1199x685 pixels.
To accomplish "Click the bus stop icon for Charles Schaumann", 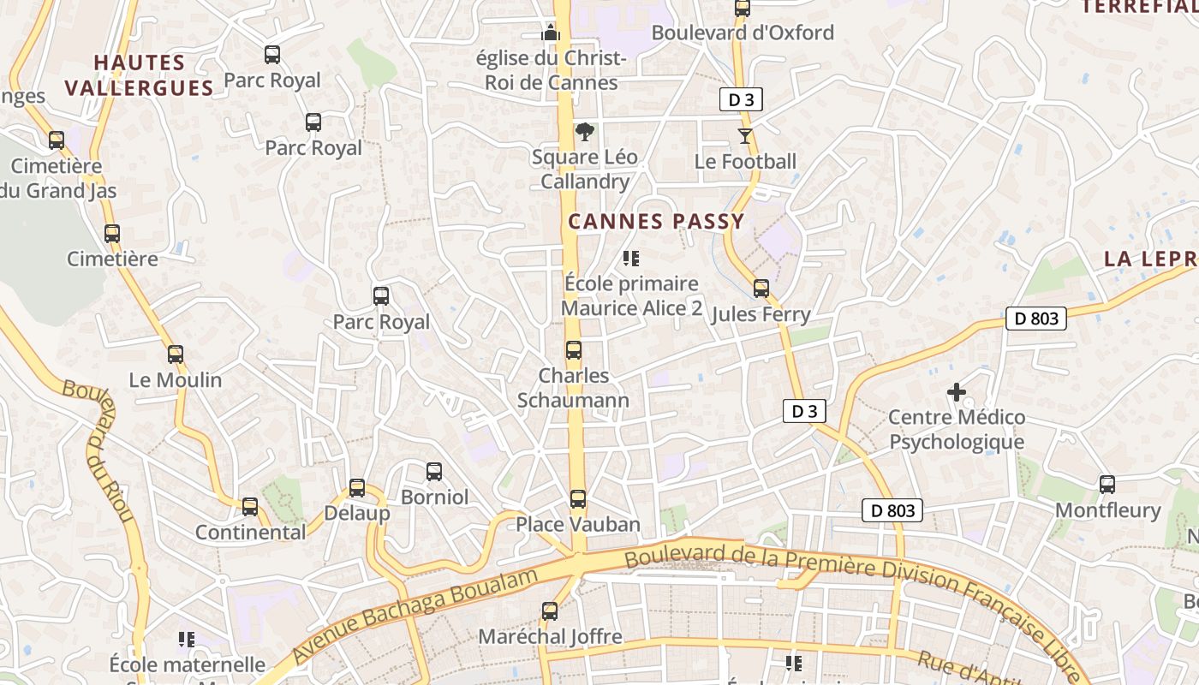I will click(x=573, y=350).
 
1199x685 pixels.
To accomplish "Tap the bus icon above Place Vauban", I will click(x=578, y=499).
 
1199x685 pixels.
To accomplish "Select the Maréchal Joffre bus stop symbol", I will click(x=550, y=611).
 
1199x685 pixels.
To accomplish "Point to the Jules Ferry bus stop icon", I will click(x=761, y=289).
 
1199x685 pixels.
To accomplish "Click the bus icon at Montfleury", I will click(x=1107, y=485).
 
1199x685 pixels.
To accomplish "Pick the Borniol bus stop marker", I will click(x=434, y=472).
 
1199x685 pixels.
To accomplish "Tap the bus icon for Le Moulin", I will click(x=176, y=354).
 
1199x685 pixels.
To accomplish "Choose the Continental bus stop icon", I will click(x=250, y=507).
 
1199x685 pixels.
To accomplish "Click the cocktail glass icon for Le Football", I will click(x=745, y=136).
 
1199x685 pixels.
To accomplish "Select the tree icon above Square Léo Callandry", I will click(x=585, y=132).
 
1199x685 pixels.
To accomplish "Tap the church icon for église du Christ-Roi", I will click(x=550, y=33).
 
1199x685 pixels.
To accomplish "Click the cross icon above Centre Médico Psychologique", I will click(x=957, y=392).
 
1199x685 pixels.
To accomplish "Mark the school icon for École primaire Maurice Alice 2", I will click(x=631, y=258).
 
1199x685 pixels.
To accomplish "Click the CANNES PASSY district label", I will click(x=656, y=222).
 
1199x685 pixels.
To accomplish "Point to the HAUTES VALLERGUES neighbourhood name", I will click(x=139, y=75).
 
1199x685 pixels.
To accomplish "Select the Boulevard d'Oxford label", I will click(x=743, y=33).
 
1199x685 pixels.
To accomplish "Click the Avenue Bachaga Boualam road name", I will click(x=415, y=614).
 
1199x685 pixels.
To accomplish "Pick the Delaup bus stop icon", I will click(x=357, y=488).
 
